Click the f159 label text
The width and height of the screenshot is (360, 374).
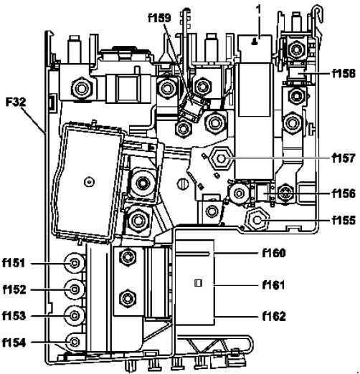160,18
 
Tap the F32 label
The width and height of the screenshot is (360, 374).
16,102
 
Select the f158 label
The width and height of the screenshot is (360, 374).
344,74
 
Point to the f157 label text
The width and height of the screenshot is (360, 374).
344,158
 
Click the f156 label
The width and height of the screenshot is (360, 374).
344,193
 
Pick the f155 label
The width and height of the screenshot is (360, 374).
344,220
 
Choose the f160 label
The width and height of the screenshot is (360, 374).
274,253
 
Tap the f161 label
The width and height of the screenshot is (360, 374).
274,285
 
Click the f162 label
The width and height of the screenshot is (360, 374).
274,317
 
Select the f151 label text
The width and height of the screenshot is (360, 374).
14,263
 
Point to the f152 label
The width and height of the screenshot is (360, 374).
14,289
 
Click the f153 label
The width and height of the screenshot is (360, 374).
14,316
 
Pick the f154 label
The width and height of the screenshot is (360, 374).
14,342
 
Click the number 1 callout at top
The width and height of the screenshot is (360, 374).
258,10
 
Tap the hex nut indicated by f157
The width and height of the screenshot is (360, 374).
221,158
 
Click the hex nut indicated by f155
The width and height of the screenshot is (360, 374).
257,220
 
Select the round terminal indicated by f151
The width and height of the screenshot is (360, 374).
75,264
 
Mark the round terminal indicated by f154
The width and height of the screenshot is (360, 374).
75,342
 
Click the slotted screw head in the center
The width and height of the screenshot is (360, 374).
183,184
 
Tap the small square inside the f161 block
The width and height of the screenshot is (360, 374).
199,283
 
